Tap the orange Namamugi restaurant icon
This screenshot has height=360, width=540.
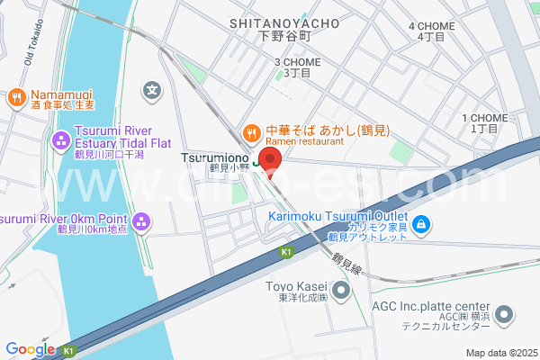[x=16, y=96]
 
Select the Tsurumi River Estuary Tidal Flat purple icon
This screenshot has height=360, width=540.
[x=61, y=139]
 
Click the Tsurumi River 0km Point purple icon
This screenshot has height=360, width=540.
[x=141, y=221]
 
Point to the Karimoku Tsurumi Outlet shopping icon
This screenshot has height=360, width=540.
[x=420, y=222]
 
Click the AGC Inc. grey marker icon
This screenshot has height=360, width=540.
[x=505, y=316]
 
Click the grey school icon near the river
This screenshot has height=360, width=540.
[x=153, y=90]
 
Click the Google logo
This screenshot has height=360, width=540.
[x=30, y=349]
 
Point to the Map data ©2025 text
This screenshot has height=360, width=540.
[x=499, y=352]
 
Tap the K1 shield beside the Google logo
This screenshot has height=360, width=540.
[x=70, y=349]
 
